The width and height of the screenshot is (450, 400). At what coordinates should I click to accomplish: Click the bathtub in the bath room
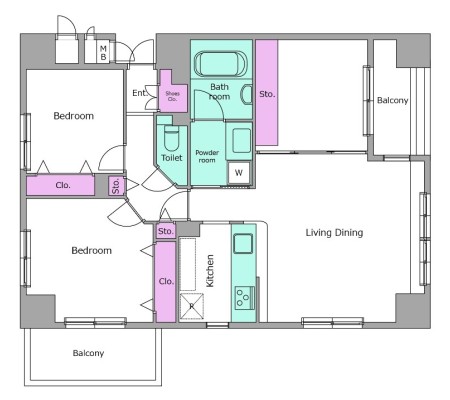(x=221, y=64)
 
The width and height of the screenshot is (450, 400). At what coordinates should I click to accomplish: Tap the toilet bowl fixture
(x=172, y=138)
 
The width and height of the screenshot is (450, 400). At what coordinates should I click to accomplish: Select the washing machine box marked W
(x=239, y=172)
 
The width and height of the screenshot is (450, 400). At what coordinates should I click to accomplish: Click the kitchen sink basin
(x=243, y=243)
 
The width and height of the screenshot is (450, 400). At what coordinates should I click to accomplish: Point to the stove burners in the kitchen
(x=243, y=298)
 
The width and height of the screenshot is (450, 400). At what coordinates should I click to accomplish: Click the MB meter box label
(x=103, y=53)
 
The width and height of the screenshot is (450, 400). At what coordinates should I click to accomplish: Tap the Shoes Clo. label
(x=172, y=96)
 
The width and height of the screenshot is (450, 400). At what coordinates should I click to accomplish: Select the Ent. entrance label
(x=140, y=93)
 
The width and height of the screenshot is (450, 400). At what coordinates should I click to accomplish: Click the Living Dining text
(x=334, y=232)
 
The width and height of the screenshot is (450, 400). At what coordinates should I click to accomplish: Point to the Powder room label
(x=207, y=156)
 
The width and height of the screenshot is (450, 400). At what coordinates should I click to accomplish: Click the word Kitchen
(x=210, y=271)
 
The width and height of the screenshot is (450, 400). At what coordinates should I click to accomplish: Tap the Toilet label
(x=172, y=158)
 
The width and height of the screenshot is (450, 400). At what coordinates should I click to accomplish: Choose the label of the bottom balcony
(x=88, y=353)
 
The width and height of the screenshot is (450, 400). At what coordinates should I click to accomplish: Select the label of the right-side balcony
(x=392, y=100)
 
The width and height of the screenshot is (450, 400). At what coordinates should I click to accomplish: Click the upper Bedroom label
(x=74, y=116)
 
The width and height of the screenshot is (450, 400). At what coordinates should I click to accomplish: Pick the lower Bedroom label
(x=92, y=250)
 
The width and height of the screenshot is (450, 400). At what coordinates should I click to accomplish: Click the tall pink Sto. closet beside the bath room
(x=267, y=93)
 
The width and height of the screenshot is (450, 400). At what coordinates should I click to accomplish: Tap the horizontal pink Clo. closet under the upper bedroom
(x=60, y=185)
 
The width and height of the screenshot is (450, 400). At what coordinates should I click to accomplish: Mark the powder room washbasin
(x=239, y=140)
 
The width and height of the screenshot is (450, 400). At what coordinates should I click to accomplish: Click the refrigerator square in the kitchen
(x=191, y=306)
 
